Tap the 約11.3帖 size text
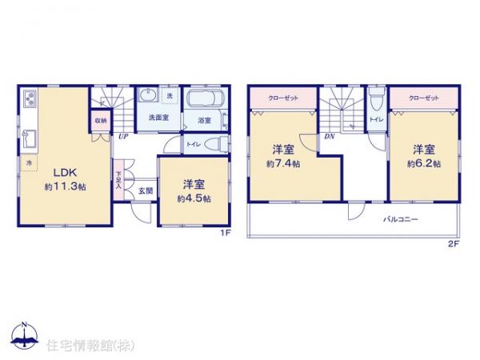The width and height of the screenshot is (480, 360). tap(65, 186)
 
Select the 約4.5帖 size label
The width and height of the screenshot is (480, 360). tap(194, 198)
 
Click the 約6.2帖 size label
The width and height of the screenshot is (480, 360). tap(424, 163)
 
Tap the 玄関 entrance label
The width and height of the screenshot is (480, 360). tap(144, 190)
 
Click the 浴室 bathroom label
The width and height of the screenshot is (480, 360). tap(203, 121)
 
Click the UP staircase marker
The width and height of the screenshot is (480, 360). tap(123, 137)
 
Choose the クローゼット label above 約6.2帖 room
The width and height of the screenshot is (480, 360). tap(423, 97)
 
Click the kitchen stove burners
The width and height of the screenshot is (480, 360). tap(28, 101)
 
